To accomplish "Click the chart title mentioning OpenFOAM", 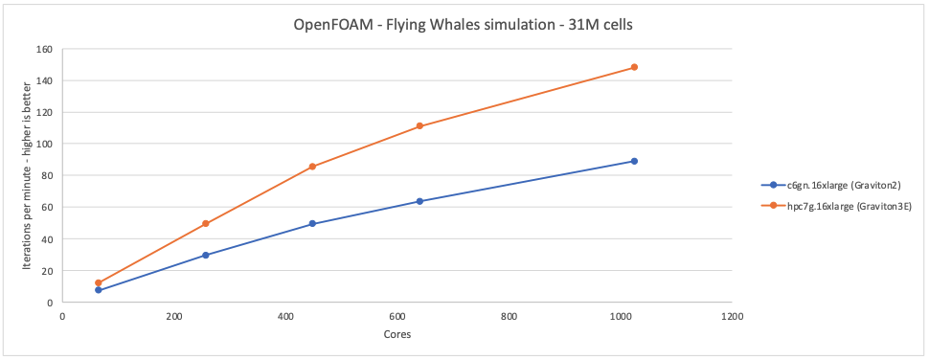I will tap(463, 25).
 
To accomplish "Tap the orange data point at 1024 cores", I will tap(634, 67).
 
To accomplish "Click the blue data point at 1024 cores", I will tap(634, 161).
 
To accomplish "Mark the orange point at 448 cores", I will tap(312, 167).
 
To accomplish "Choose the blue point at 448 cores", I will tap(312, 224).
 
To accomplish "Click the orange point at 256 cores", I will tap(205, 224).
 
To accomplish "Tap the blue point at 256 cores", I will tap(205, 256).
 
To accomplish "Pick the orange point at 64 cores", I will tap(98, 282).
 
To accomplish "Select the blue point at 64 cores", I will tap(98, 290).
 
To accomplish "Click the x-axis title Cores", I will tap(397, 334).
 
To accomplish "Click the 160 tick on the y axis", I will tap(45, 49).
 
